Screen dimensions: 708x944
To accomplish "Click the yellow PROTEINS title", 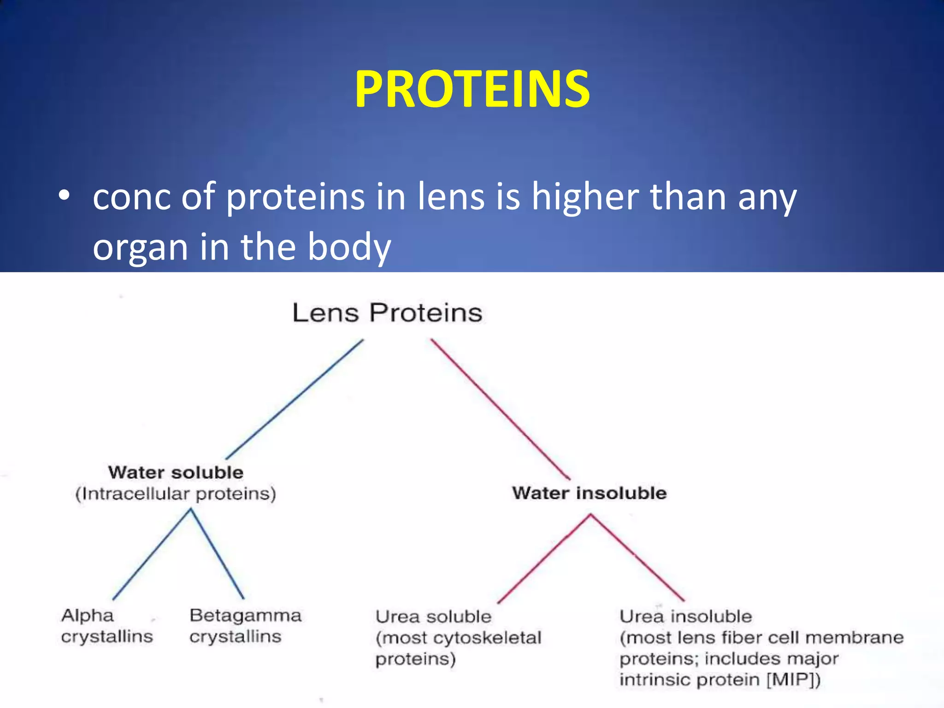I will coord(472,88).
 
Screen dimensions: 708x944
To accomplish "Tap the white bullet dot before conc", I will coord(64,196).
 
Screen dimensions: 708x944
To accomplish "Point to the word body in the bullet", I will coord(349,247).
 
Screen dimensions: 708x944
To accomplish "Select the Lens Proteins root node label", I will coord(387,313).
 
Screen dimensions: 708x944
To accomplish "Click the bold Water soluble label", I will coord(176,472).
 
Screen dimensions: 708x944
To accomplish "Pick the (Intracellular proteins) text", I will coord(176,494).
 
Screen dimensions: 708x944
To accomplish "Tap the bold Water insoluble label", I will coord(590,493).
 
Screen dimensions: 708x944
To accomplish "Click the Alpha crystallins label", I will coord(106,626).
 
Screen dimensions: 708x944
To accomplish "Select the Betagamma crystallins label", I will coord(245,626).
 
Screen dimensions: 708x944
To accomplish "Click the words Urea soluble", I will coord(433,617).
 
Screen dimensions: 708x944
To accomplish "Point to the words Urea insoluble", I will coord(685,616).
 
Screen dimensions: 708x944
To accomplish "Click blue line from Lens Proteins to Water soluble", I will coord(295,399).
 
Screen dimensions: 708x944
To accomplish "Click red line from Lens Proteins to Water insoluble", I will coord(500,409).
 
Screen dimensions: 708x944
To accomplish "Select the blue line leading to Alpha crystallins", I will coord(152,554).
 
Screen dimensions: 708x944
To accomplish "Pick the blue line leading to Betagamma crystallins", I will coord(218,554).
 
